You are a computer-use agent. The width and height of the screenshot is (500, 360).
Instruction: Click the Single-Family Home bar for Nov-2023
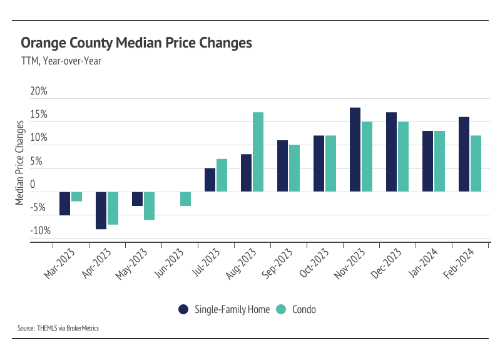click(x=355, y=150)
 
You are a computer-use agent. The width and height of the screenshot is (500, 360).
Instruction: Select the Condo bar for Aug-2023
click(x=258, y=152)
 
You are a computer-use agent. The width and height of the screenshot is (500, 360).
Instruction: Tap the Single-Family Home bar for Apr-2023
click(x=101, y=210)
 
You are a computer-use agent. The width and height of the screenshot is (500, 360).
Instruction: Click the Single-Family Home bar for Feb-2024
click(x=464, y=154)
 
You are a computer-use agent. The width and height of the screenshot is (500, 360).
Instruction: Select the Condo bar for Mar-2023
click(x=76, y=197)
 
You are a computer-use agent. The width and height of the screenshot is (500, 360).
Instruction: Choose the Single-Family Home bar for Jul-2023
click(x=210, y=180)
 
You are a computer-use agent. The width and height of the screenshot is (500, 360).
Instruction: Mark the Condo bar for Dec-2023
click(x=403, y=157)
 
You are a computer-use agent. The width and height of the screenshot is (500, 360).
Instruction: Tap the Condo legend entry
click(x=300, y=309)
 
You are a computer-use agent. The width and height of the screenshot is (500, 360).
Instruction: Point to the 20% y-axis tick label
click(x=39, y=91)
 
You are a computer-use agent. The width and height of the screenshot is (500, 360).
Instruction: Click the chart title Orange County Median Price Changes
click(x=136, y=43)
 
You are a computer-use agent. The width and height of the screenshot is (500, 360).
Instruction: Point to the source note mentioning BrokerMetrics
click(x=58, y=328)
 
